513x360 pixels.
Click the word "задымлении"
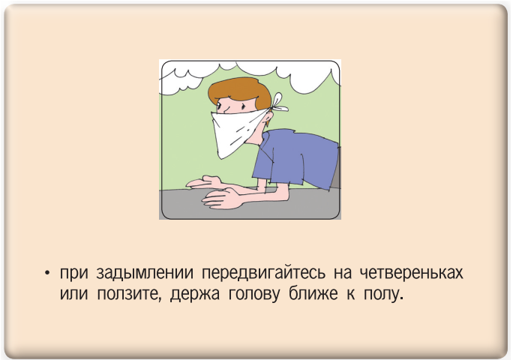click(x=145, y=273)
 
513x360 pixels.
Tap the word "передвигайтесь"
click(x=263, y=273)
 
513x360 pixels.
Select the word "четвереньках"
click(x=412, y=273)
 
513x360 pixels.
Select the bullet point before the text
click(x=48, y=273)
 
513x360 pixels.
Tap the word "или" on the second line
click(x=74, y=294)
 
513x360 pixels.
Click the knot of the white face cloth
click(x=279, y=103)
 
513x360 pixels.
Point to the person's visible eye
click(x=219, y=106)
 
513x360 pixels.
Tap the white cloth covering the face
click(x=236, y=131)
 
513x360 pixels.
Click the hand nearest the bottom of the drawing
click(x=223, y=198)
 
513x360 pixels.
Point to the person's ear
click(x=268, y=117)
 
